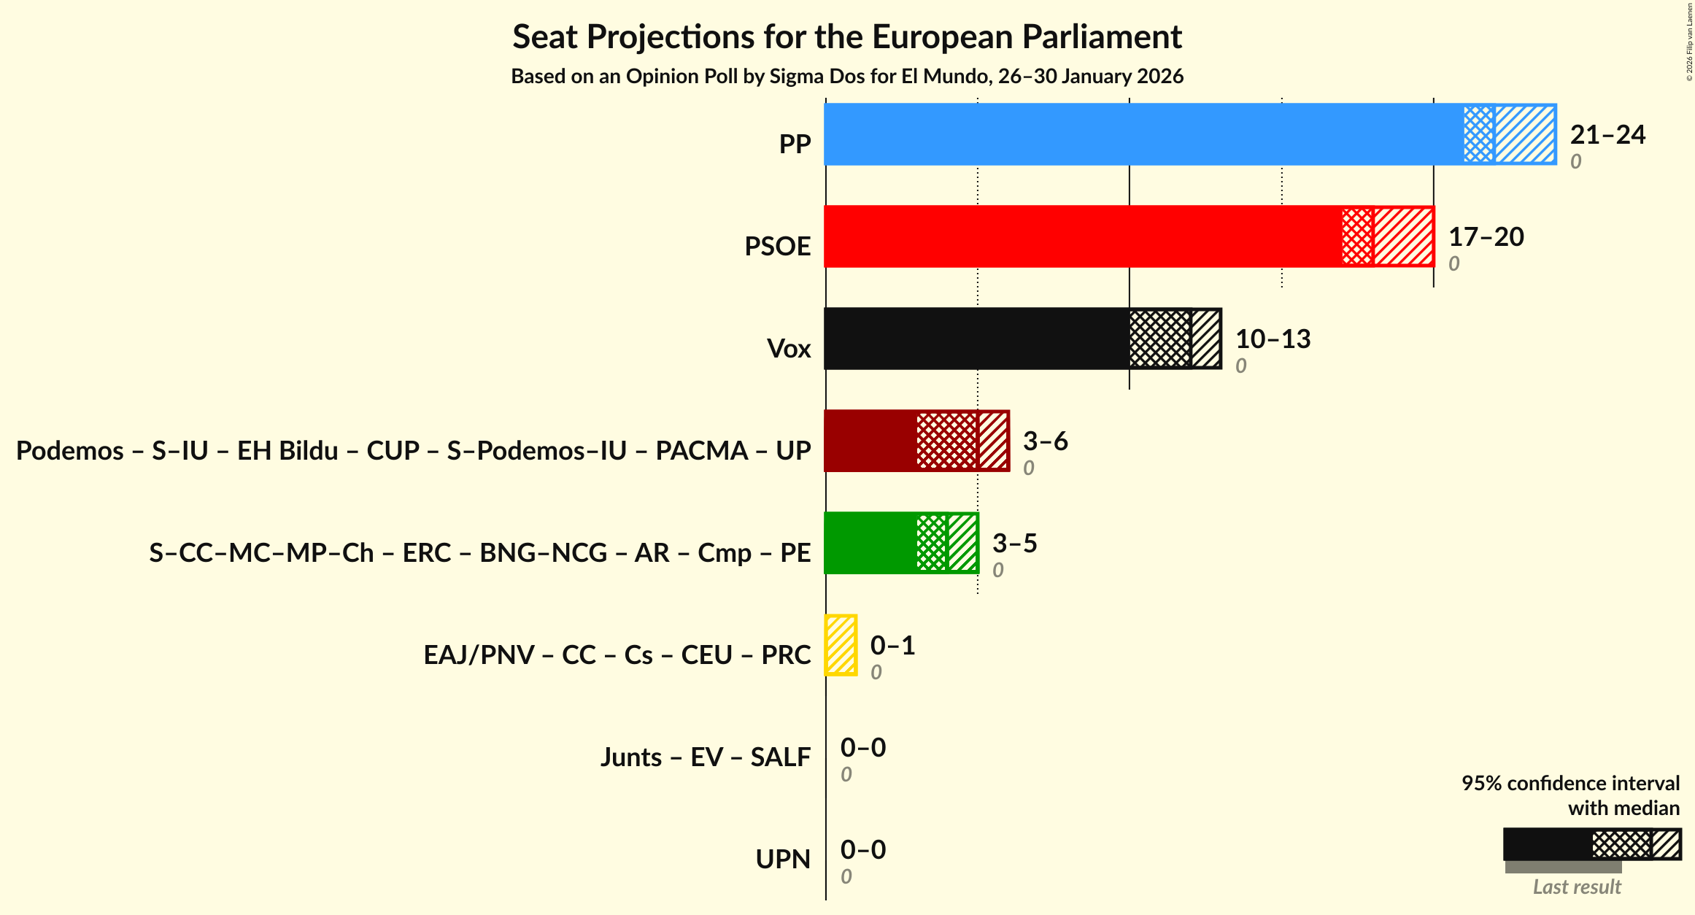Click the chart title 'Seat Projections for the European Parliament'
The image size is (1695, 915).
[846, 37]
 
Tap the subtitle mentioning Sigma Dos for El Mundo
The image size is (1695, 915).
[846, 77]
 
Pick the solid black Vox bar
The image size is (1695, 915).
[976, 339]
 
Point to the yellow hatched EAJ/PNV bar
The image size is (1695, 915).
[841, 645]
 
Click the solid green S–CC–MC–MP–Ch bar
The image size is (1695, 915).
[870, 543]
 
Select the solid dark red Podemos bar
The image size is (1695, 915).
[870, 441]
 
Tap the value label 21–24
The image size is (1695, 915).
[1607, 135]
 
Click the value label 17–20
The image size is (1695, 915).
[1486, 237]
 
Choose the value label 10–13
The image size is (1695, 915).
[1273, 339]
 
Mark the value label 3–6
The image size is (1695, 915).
[1045, 441]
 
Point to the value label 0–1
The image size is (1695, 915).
[892, 646]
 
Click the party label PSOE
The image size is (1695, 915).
[777, 247]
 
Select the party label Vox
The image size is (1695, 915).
[789, 349]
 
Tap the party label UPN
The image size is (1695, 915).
[783, 860]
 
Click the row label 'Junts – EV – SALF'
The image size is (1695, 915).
[705, 757]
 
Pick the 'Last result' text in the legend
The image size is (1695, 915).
[1576, 887]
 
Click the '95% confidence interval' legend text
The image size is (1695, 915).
[1570, 784]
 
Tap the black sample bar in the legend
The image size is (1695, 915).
[1547, 844]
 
